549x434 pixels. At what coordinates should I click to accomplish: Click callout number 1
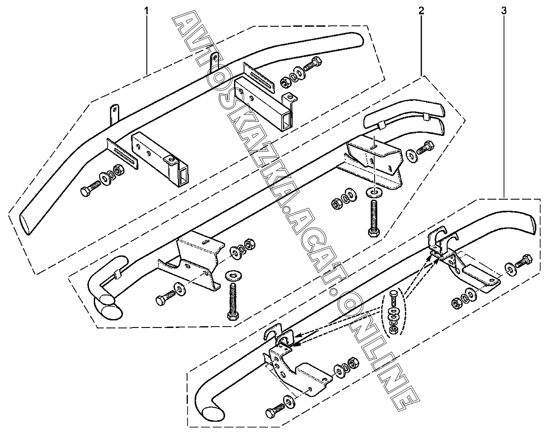146,11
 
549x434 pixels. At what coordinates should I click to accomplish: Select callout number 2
421,11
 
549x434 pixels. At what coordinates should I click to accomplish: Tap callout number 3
504,11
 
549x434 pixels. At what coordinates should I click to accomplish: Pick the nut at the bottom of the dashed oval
394,329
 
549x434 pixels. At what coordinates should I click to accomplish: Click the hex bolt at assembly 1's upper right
312,64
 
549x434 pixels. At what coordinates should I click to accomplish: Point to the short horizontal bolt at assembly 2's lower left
165,297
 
